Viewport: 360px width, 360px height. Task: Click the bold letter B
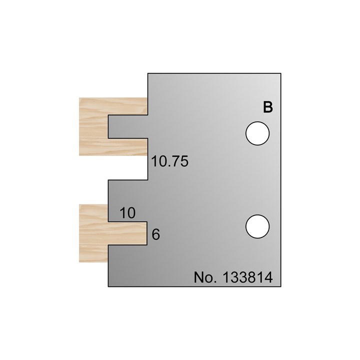pyautogui.click(x=268, y=107)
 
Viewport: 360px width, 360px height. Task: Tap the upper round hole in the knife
pyautogui.click(x=257, y=134)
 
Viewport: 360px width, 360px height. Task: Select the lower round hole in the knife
pyautogui.click(x=257, y=226)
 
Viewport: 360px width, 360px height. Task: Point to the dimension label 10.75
pyautogui.click(x=169, y=162)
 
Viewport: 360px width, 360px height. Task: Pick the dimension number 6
pyautogui.click(x=155, y=234)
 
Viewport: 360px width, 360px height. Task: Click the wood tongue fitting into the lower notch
pyautogui.click(x=127, y=234)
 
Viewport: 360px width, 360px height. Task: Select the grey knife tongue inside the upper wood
pyautogui.click(x=128, y=127)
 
